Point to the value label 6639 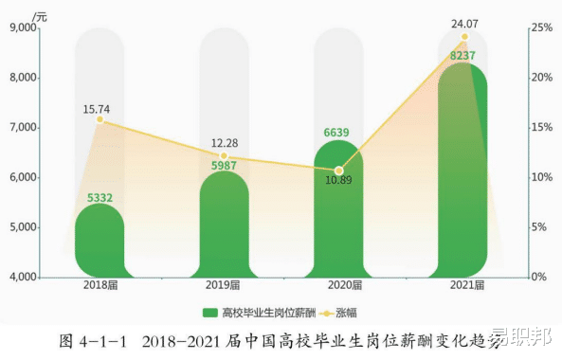point(338,133)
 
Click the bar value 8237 point(462,56)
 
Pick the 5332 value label point(100,196)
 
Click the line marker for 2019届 point(224,155)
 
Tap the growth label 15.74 point(99,109)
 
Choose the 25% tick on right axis point(541,28)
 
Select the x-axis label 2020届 point(339,285)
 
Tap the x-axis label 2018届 point(100,285)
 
